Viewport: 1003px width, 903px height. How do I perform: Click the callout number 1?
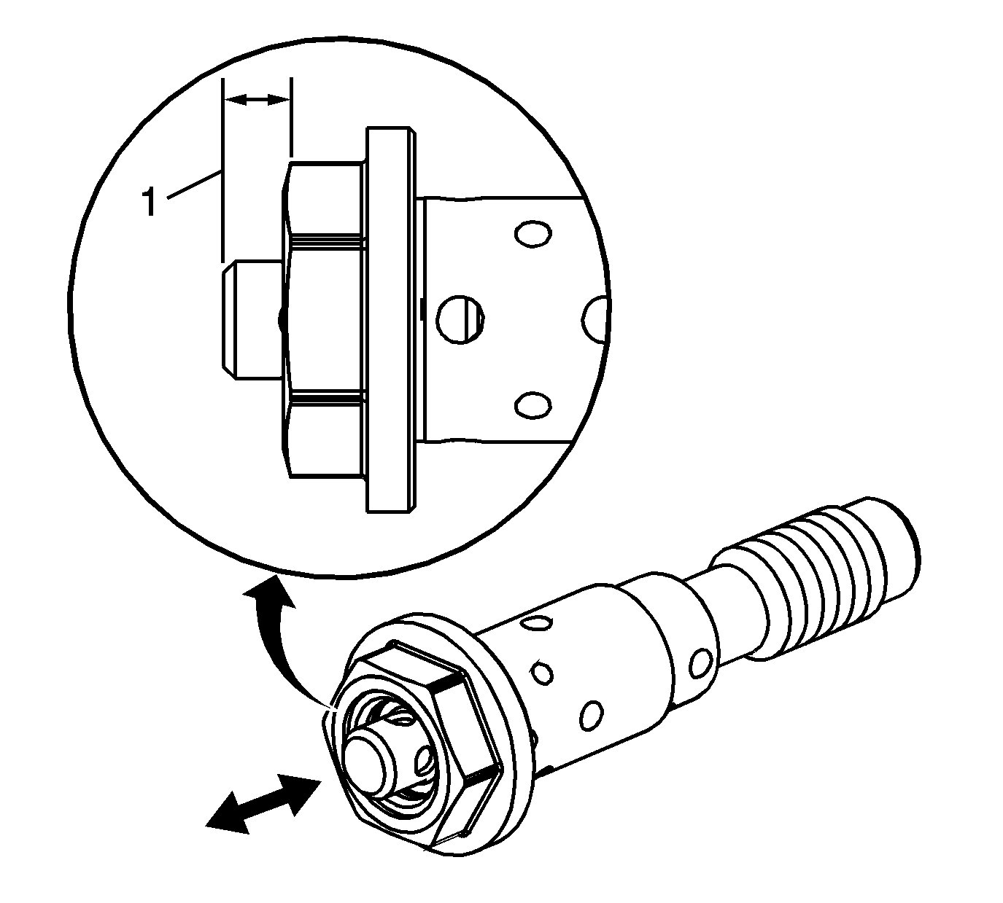pos(149,202)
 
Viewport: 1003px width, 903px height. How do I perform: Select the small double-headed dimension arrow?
pos(257,100)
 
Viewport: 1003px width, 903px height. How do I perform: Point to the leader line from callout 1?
pos(194,185)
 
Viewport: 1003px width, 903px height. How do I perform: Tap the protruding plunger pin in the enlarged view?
pos(252,320)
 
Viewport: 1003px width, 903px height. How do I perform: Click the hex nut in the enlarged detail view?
pos(324,320)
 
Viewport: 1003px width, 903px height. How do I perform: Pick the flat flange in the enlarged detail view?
pos(390,320)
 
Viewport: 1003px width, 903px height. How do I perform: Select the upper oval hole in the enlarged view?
pos(533,233)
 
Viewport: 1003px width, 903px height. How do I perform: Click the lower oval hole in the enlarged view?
pos(533,404)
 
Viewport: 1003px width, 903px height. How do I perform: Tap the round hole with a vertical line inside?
pos(460,318)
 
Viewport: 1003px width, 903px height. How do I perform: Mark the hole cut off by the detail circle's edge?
pos(596,320)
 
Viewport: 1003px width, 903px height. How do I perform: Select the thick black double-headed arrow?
pos(263,805)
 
